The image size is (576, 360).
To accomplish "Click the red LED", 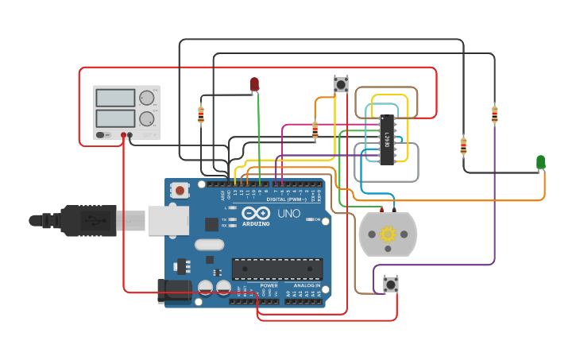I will click(254, 83).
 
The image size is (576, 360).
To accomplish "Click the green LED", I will click(541, 162).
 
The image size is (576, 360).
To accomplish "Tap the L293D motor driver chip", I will click(387, 140).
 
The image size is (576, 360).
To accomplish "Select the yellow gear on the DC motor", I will click(388, 234).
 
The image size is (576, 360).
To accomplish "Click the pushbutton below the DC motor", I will click(390, 284).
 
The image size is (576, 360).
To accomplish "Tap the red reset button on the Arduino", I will click(180, 190).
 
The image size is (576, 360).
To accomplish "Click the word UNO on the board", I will click(288, 214).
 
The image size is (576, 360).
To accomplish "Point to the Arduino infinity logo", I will click(256, 213).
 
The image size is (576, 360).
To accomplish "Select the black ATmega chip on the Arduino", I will click(276, 269).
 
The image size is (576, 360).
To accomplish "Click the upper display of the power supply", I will click(115, 99).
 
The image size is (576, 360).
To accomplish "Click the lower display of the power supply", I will click(115, 118).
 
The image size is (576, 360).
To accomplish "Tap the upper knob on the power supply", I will click(147, 98).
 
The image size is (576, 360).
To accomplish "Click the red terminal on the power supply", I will click(123, 136).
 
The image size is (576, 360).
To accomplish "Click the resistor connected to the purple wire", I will click(494, 115).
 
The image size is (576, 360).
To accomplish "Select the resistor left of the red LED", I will click(200, 115).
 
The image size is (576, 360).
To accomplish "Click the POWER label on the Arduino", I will click(269, 285).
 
